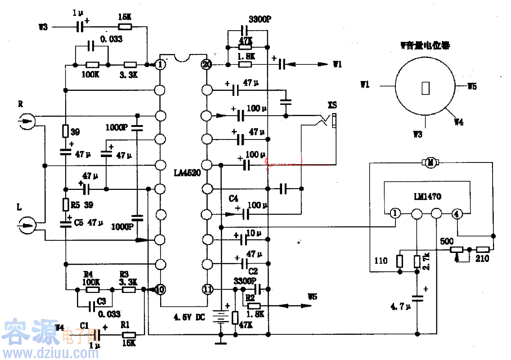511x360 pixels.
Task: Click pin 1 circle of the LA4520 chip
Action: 161,64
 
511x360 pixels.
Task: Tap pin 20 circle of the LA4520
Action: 206,64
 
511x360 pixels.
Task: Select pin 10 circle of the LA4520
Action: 161,289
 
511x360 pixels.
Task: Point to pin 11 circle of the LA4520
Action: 206,289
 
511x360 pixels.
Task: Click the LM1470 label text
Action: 427,197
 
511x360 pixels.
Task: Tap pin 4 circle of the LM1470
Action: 457,214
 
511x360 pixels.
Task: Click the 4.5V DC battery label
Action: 189,317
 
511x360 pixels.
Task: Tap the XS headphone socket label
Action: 332,104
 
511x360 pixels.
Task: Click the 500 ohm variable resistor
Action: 457,249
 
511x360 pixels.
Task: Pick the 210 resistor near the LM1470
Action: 483,249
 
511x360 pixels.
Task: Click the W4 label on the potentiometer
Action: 458,121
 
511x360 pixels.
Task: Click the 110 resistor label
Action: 381,261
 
